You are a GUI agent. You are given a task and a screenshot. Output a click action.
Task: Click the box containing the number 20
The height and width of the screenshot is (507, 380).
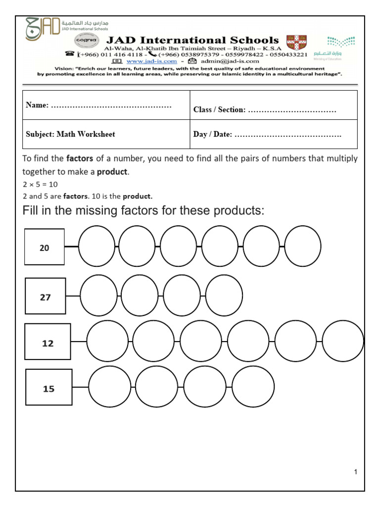pos(45,247)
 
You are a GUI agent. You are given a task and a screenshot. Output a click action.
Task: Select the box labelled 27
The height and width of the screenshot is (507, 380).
pos(46,296)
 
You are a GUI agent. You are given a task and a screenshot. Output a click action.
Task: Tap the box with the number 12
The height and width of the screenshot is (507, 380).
pos(47,342)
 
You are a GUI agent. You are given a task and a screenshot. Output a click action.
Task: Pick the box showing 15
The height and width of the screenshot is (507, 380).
pos(48,388)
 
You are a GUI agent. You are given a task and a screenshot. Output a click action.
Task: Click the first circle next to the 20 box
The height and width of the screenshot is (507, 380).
pos(96,246)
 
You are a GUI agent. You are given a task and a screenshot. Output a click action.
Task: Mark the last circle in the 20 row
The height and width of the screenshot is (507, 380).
pos(303,246)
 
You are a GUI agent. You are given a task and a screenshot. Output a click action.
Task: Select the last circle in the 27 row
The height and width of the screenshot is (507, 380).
pos(224,296)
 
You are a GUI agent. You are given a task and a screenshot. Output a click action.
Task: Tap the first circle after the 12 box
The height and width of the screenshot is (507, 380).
pos(107,341)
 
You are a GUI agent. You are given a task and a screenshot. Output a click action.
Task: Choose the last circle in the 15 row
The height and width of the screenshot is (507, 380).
pos(253,386)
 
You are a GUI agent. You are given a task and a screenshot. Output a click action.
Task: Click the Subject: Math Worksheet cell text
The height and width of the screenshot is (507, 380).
pos(70,134)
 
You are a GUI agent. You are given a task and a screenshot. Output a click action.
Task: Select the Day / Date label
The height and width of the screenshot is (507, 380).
pos(213,135)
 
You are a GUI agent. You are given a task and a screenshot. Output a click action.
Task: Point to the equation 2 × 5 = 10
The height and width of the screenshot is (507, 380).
pos(41,184)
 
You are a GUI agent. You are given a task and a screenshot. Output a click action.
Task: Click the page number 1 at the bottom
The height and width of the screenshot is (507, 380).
pos(355,472)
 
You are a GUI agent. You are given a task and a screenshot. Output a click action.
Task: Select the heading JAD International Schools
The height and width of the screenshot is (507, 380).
pos(191,40)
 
